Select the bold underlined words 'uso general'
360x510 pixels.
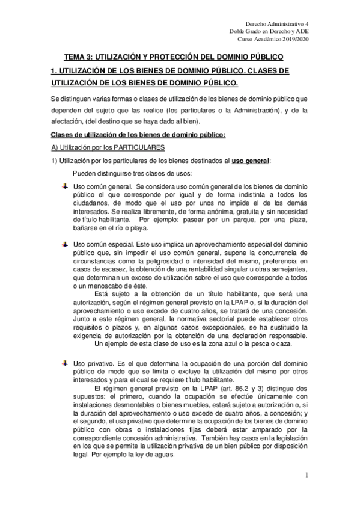[250, 161]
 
